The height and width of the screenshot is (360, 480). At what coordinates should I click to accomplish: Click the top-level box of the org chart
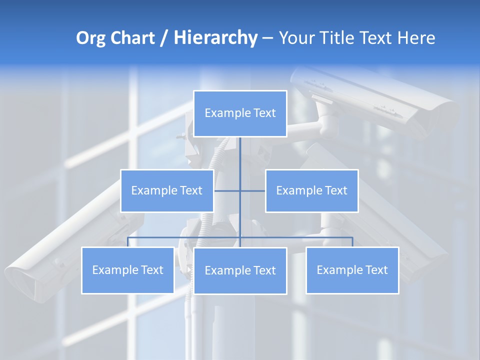click(x=240, y=113)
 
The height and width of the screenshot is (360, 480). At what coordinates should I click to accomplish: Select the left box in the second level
click(x=167, y=190)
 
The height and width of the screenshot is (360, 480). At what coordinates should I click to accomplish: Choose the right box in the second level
click(x=311, y=190)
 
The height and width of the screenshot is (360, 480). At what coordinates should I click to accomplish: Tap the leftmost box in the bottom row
click(x=128, y=270)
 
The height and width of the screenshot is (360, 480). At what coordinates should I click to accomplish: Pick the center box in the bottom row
click(x=240, y=270)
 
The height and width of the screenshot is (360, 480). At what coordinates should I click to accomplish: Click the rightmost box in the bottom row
click(x=352, y=270)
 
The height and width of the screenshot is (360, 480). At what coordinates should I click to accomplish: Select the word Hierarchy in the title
click(x=215, y=38)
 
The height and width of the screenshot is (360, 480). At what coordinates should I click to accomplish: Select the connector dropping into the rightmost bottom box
click(x=352, y=242)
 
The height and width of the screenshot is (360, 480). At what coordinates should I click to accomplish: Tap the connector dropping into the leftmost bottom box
click(x=128, y=242)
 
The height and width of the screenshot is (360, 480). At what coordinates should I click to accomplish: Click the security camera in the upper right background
click(x=385, y=100)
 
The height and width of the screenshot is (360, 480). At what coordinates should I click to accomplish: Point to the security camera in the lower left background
click(x=55, y=255)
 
